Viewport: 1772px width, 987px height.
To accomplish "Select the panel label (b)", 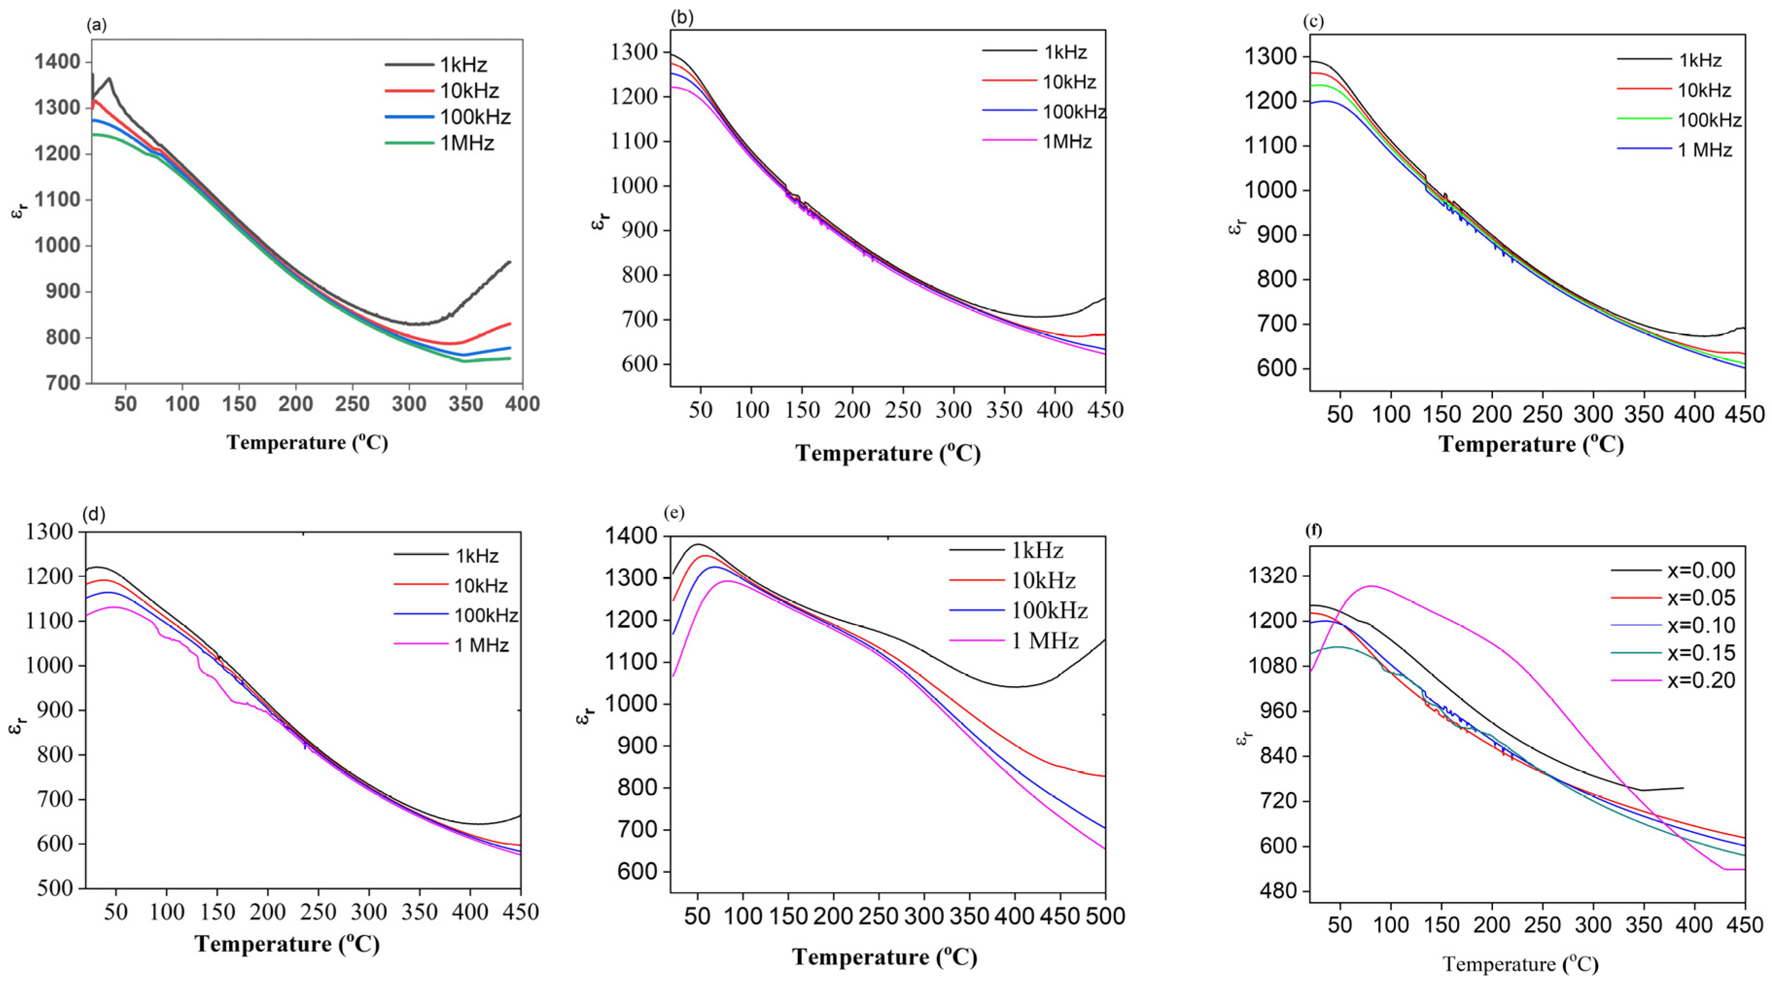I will [682, 18].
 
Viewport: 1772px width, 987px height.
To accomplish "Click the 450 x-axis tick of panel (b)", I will [1105, 410].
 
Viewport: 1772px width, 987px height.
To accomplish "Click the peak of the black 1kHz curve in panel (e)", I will [698, 544].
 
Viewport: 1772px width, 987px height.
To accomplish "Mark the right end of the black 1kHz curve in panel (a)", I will [510, 262].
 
